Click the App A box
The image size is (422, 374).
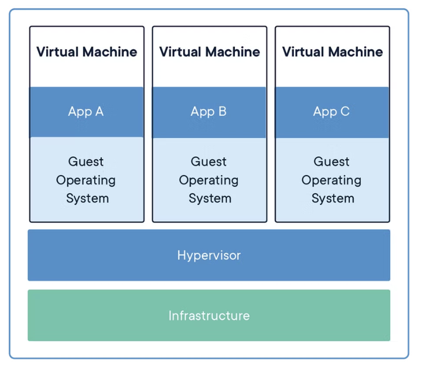coord(87,112)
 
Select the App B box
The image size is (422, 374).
coord(210,112)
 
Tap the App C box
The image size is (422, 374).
coord(332,112)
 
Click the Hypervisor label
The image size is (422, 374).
coord(209,255)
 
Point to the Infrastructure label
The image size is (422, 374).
coord(209,315)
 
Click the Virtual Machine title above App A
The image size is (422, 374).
coord(87,52)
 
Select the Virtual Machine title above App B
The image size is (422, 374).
coord(210,52)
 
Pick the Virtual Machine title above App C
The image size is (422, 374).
coord(332,52)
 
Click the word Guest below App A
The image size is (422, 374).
coord(86,162)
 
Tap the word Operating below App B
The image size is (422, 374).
coord(209,181)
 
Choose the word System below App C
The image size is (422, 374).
coord(333,199)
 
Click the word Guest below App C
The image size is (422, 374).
coord(331,162)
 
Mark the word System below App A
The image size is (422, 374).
coord(87,199)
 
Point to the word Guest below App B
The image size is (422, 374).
coord(209,162)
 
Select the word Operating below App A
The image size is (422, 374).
coord(86,181)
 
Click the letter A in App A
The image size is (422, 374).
coord(99,111)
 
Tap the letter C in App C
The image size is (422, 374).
coord(345,111)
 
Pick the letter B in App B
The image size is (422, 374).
coord(222,111)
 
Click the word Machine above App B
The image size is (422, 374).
coord(232,52)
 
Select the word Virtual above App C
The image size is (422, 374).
coord(303,52)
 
